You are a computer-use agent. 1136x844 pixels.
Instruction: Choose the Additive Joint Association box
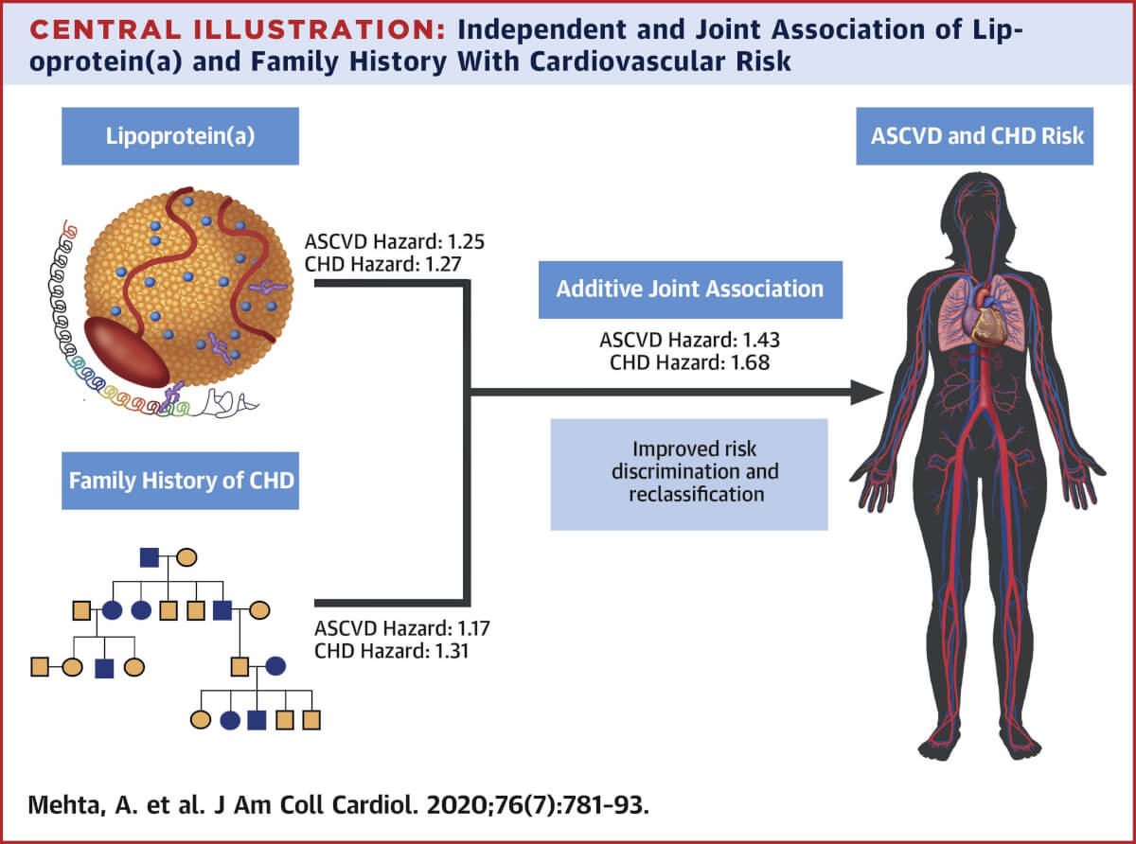point(689,289)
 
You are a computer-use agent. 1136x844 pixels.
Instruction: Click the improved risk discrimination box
point(689,470)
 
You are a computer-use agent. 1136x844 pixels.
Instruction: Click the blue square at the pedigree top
point(150,556)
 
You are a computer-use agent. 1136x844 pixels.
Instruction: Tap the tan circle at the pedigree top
point(186,556)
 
